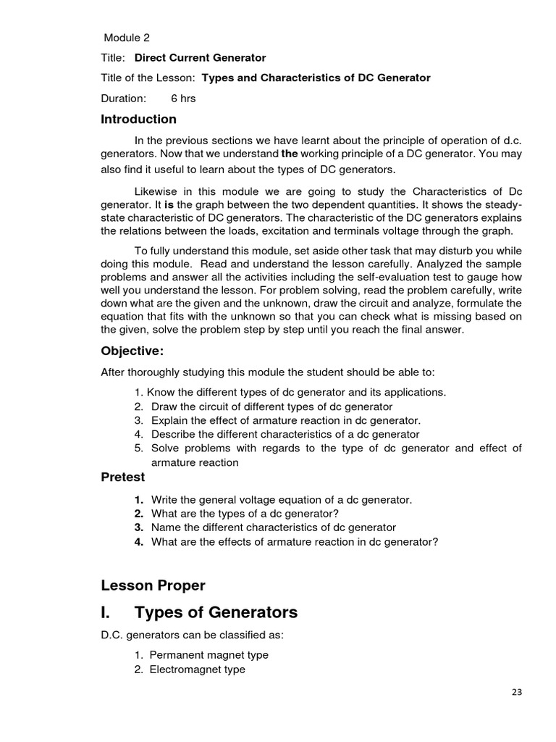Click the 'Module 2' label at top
(x=127, y=38)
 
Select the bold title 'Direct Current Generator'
(x=200, y=58)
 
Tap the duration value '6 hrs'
(x=183, y=98)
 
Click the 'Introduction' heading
(x=138, y=119)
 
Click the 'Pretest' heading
(x=122, y=477)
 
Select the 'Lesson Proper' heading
(x=153, y=585)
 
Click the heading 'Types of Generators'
(x=216, y=612)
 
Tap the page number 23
(x=516, y=692)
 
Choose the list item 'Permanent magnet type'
(x=208, y=655)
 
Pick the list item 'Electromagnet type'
(x=197, y=670)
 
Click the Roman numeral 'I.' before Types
(x=106, y=612)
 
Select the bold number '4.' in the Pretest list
(x=139, y=542)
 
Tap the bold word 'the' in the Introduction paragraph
(x=290, y=154)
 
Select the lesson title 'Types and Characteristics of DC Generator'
(x=316, y=78)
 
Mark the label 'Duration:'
(x=123, y=98)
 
